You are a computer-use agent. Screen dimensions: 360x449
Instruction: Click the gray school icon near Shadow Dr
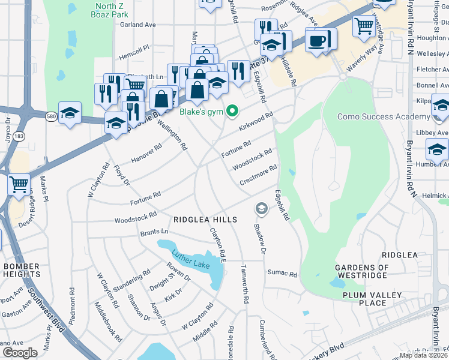tap(261, 208)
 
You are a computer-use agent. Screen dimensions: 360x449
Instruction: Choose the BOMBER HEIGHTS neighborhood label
tap(22, 270)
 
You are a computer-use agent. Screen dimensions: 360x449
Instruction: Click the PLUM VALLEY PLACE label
tap(372, 299)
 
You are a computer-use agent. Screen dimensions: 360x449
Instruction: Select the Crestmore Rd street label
tap(258, 175)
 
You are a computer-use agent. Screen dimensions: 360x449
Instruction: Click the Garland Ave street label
tap(137, 25)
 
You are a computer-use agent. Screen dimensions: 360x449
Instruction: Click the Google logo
tap(20, 353)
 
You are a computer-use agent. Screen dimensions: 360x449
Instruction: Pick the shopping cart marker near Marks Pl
tap(19, 184)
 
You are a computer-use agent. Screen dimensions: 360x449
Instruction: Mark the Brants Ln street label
tap(154, 232)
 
